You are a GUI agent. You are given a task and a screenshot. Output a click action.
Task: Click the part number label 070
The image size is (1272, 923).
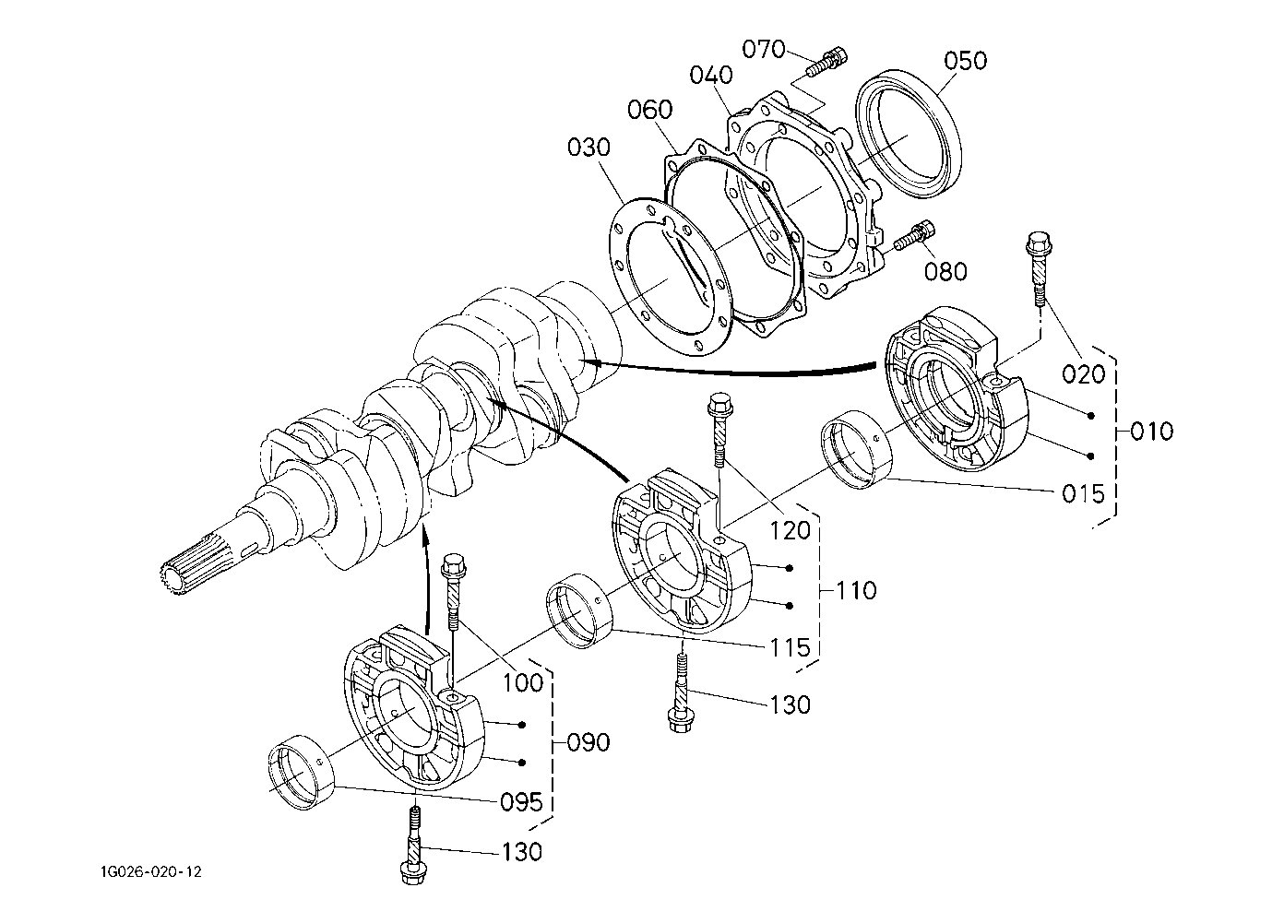pyautogui.click(x=764, y=50)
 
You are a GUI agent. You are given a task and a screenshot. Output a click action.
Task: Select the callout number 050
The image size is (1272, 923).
pyautogui.click(x=966, y=61)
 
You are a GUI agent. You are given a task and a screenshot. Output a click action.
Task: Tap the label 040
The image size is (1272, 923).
pyautogui.click(x=711, y=75)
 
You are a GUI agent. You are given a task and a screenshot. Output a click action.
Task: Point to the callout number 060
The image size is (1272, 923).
pyautogui.click(x=649, y=110)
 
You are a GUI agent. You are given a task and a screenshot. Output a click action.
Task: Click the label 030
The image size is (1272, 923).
pyautogui.click(x=588, y=148)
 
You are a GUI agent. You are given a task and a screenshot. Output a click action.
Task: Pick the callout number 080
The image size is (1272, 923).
pyautogui.click(x=945, y=272)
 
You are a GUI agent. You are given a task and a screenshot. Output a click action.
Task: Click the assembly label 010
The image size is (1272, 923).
pyautogui.click(x=1151, y=432)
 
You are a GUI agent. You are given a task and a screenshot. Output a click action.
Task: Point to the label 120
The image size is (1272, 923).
pyautogui.click(x=790, y=531)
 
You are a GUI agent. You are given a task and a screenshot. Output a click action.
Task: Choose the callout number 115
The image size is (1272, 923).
pyautogui.click(x=790, y=647)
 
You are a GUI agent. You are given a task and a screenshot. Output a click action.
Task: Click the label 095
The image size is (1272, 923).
pyautogui.click(x=522, y=802)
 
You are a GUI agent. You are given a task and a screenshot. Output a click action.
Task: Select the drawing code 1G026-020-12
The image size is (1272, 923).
pyautogui.click(x=151, y=872)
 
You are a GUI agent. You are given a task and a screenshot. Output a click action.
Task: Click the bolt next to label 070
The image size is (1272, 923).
pyautogui.click(x=826, y=64)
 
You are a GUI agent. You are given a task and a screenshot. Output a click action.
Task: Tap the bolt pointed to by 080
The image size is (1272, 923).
pyautogui.click(x=914, y=235)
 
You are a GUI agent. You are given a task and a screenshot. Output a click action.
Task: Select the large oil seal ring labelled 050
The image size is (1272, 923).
pyautogui.click(x=909, y=134)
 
